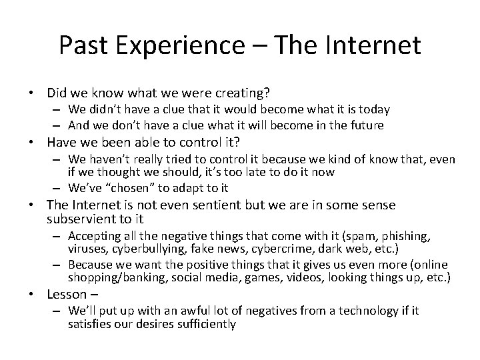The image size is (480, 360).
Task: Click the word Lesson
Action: [67, 294]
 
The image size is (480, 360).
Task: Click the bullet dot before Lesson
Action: [38, 295]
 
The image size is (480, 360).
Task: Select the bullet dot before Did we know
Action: [38, 93]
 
